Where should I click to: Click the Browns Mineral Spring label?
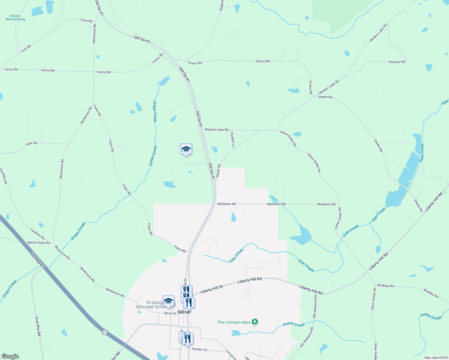click(x=15, y=18)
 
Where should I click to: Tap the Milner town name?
click(x=184, y=312)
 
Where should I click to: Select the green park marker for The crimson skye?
click(x=255, y=322)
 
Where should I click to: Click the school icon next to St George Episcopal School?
click(x=168, y=301)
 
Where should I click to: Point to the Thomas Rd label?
click(x=396, y=62)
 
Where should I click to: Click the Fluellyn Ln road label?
click(x=232, y=139)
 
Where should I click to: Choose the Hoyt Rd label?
click(x=31, y=143)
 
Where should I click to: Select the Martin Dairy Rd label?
click(x=38, y=242)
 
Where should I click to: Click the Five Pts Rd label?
click(x=38, y=326)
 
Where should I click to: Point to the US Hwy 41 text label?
click(x=37, y=260)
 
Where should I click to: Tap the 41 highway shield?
click(x=104, y=332)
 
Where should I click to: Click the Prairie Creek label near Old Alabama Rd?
click(x=293, y=325)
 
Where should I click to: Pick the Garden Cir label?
click(x=200, y=349)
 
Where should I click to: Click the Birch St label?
click(x=170, y=313)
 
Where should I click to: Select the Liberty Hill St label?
click(x=212, y=289)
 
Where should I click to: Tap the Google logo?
click(x=10, y=356)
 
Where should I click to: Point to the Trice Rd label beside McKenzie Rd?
click(x=86, y=21)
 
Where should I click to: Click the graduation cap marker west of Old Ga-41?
click(x=186, y=149)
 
